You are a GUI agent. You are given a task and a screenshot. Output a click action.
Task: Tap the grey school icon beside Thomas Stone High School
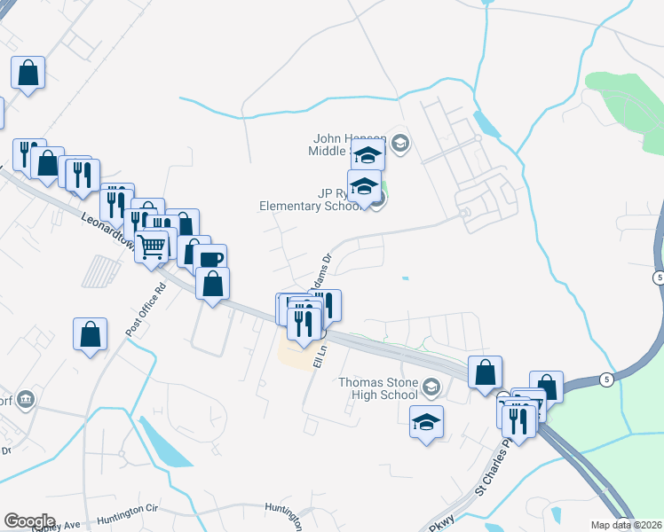pos(431,386)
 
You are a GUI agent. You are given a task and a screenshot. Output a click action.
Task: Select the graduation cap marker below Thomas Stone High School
pos(427,422)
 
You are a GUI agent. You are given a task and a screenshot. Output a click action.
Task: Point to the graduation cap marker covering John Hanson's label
pos(368,156)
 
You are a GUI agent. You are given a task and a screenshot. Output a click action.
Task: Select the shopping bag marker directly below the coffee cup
pos(213,285)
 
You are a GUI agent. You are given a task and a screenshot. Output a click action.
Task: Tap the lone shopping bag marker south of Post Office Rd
pos(91,334)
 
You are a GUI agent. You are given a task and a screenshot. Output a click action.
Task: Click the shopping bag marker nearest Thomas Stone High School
pos(485,372)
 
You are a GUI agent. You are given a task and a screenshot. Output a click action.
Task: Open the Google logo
pos(29,521)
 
